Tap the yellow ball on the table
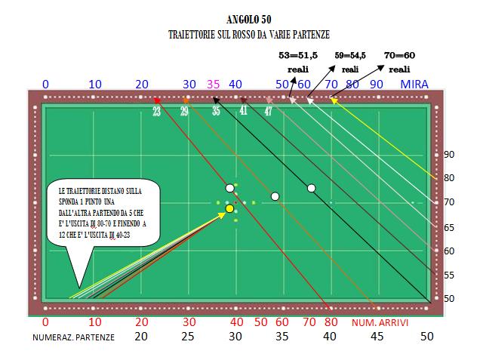point(230,208)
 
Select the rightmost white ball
point(311,188)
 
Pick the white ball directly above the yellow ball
point(229,188)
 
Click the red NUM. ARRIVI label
point(380,322)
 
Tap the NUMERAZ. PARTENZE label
point(73,337)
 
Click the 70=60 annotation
point(400,55)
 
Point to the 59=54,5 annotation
point(350,55)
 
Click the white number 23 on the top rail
point(156,111)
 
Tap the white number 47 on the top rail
point(268,111)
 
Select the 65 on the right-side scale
point(448,226)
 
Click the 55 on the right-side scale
point(448,275)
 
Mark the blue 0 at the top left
point(45,84)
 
